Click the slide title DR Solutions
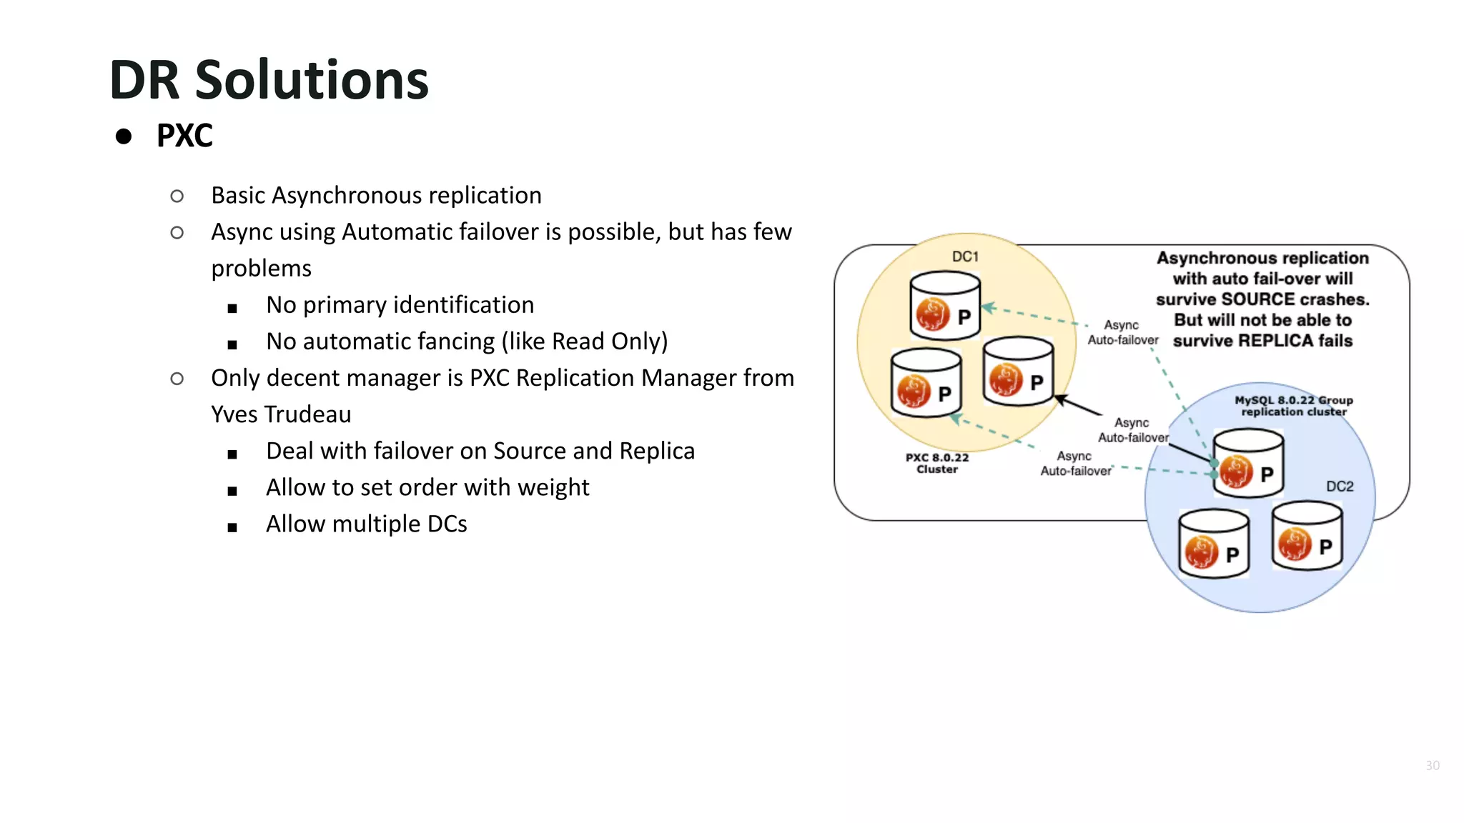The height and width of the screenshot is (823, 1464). pyautogui.click(x=269, y=80)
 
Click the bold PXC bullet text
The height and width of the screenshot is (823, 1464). pyautogui.click(x=184, y=136)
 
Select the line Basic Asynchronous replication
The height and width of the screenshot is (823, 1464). pyautogui.click(x=376, y=195)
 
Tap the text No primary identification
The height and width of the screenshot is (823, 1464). pyautogui.click(x=400, y=305)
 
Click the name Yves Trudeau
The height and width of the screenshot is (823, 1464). pyautogui.click(x=281, y=414)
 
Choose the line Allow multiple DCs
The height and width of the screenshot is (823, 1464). pyautogui.click(x=366, y=524)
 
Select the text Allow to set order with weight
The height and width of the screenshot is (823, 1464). pyautogui.click(x=427, y=488)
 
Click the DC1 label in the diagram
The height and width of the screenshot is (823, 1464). pyautogui.click(x=964, y=256)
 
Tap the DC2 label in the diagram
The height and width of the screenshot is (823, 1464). pyautogui.click(x=1340, y=487)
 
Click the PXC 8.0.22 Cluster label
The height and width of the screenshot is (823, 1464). pyautogui.click(x=936, y=463)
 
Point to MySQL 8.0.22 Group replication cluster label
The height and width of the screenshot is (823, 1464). pyautogui.click(x=1293, y=406)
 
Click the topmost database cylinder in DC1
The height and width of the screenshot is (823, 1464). pyautogui.click(x=944, y=306)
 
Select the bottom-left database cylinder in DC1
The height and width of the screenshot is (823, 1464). pyautogui.click(x=926, y=383)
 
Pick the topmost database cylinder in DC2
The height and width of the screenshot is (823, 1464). pyautogui.click(x=1248, y=463)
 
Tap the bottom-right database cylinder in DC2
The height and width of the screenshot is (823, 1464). pyautogui.click(x=1307, y=536)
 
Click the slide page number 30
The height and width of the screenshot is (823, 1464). pyautogui.click(x=1433, y=765)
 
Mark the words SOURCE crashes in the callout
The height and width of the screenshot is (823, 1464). pyautogui.click(x=1295, y=299)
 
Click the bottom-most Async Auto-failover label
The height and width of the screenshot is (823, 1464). pyautogui.click(x=1075, y=464)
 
